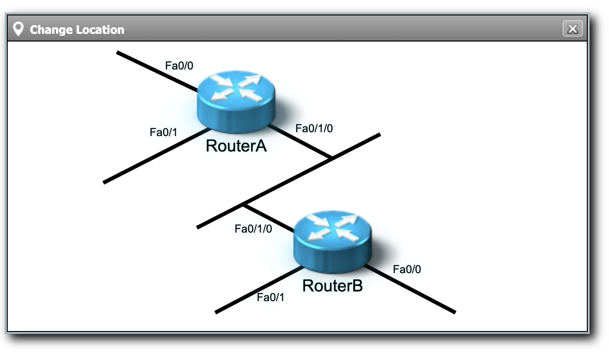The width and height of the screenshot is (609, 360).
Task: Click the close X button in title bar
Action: pos(573,29)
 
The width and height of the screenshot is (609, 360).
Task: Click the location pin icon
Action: pos(18,29)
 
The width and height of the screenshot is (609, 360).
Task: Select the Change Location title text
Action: pos(77,30)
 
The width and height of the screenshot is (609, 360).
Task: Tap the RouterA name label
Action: pos(236,146)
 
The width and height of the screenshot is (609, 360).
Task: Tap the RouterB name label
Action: pos(332,286)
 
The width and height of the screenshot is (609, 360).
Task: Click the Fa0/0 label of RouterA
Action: pos(179,66)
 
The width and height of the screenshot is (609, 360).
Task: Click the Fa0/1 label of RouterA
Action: pos(164,132)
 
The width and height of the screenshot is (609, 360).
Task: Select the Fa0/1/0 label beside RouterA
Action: pos(314,128)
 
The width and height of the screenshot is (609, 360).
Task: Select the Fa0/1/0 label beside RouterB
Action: pos(253,229)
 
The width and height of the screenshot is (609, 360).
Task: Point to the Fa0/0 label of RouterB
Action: pos(407,269)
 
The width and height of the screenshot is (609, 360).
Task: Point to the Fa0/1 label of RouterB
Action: pos(271,297)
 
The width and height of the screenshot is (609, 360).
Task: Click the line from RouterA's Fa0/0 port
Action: pos(154,70)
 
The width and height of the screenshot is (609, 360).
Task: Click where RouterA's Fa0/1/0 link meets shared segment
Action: pos(331,158)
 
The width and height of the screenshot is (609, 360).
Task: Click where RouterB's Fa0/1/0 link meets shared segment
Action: pos(244,205)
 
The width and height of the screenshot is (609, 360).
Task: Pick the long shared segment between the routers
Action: pos(289,181)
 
